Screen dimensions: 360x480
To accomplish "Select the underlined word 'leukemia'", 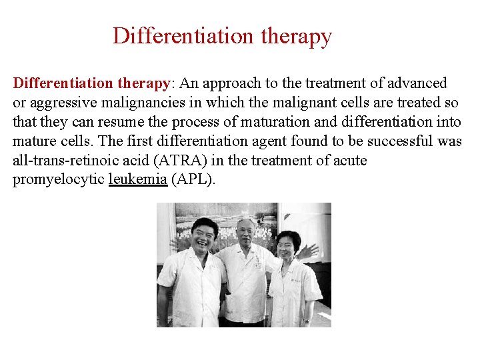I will point(137,180).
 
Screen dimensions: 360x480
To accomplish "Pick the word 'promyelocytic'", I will point(58,180).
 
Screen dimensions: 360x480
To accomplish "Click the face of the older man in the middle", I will point(247,232).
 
